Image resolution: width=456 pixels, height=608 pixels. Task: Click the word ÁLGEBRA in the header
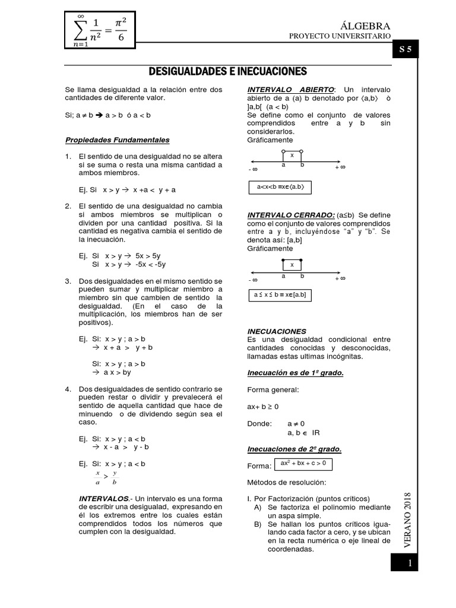click(x=366, y=26)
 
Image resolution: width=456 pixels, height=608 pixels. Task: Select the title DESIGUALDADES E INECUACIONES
click(x=227, y=72)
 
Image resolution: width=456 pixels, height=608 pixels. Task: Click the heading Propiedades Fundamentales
click(x=117, y=140)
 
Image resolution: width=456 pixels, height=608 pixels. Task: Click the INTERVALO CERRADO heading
click(x=291, y=214)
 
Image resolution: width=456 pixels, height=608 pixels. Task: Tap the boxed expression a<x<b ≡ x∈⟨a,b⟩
click(x=280, y=188)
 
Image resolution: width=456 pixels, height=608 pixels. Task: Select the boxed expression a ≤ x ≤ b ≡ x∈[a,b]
click(x=280, y=294)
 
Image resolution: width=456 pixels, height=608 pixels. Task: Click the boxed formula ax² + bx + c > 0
click(x=303, y=464)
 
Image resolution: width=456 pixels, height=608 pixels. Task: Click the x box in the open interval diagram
click(x=292, y=155)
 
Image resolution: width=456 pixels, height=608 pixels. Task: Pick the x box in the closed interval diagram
click(x=292, y=265)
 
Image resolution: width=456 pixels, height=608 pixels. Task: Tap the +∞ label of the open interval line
click(x=340, y=168)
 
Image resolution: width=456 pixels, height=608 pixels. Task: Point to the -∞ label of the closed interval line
click(x=253, y=278)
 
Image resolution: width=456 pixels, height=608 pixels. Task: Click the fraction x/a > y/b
click(x=106, y=478)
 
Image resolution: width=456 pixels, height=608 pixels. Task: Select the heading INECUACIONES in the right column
click(x=277, y=331)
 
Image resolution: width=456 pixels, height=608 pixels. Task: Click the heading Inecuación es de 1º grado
click(x=295, y=373)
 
